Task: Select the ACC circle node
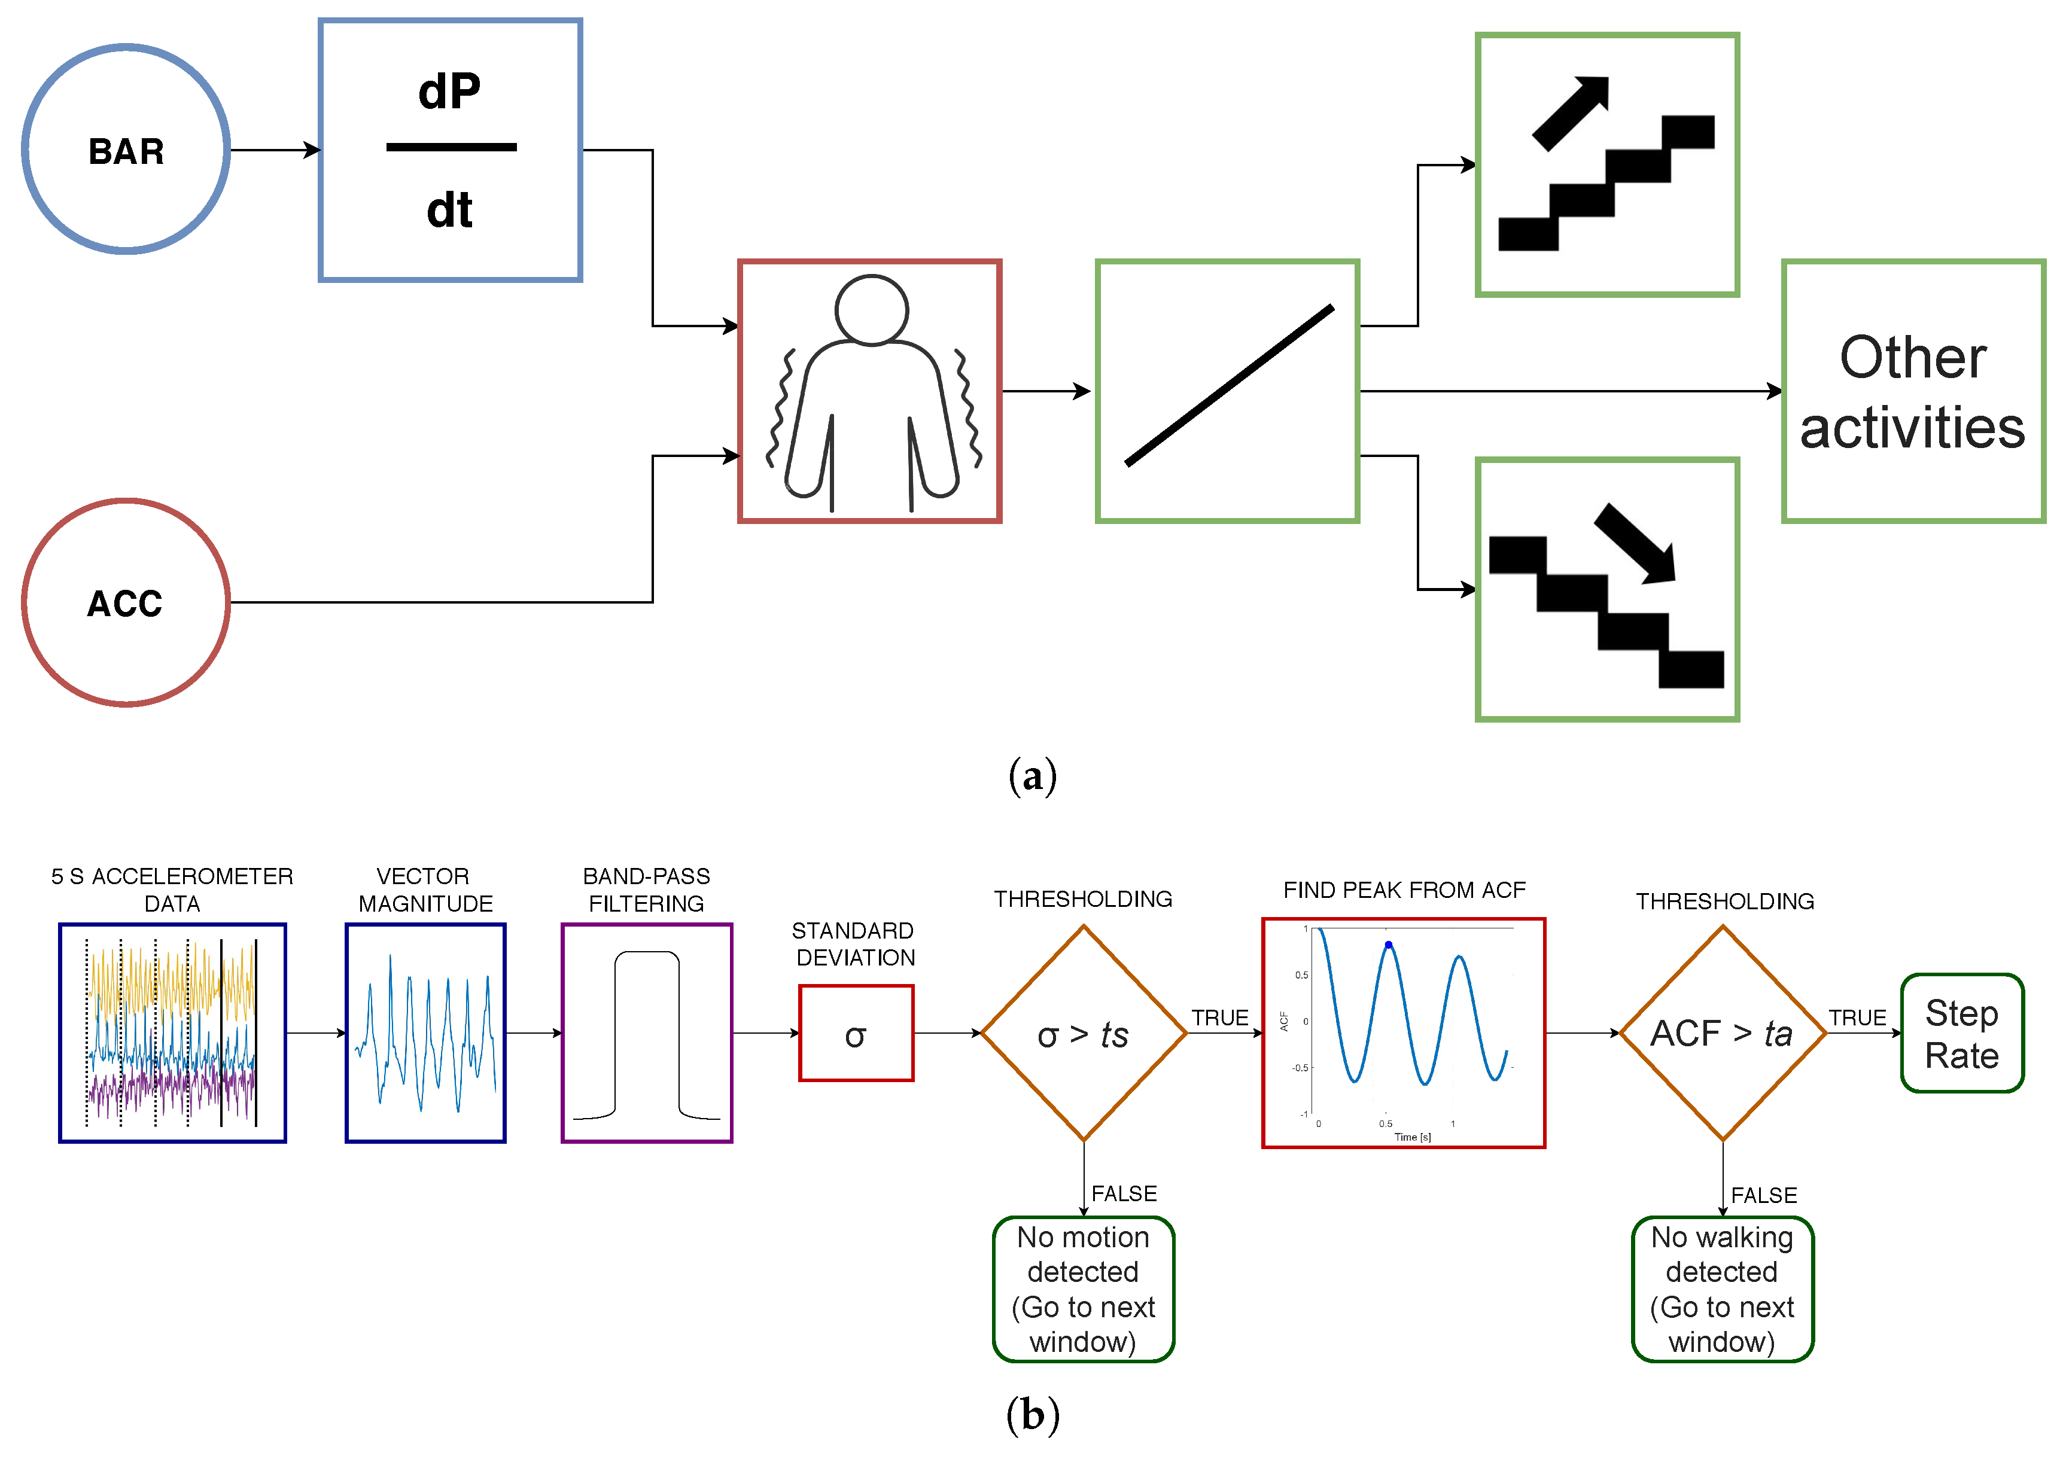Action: (x=126, y=603)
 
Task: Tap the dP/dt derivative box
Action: (x=450, y=150)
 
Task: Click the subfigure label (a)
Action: (x=1033, y=775)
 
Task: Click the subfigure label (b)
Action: (x=1033, y=1414)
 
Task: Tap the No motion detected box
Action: (x=1083, y=1289)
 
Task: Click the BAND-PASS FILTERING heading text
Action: (x=646, y=890)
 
